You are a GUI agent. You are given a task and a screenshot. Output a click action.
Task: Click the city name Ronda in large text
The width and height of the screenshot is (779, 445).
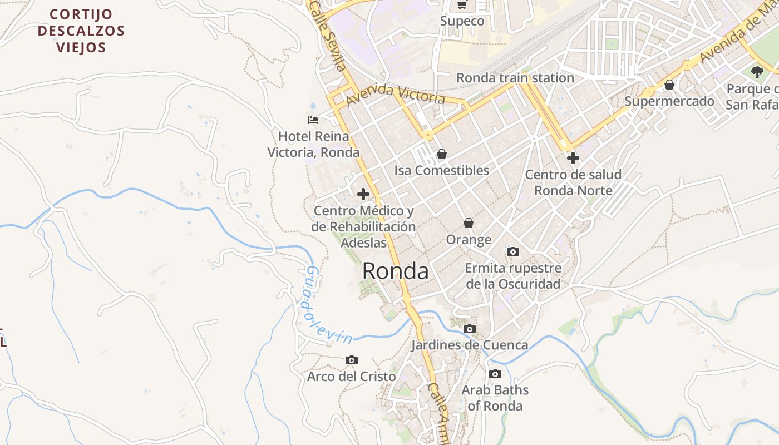pyautogui.click(x=395, y=271)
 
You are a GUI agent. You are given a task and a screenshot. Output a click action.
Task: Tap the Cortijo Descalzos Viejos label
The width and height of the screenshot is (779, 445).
pyautogui.click(x=81, y=31)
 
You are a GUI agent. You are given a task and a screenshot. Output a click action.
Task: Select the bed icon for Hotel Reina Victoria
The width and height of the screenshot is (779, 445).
pyautogui.click(x=313, y=120)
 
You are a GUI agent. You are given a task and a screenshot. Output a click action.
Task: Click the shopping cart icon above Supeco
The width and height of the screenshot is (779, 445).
pyautogui.click(x=462, y=5)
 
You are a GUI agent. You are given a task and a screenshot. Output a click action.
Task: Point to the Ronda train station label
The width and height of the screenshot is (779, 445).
pyautogui.click(x=515, y=78)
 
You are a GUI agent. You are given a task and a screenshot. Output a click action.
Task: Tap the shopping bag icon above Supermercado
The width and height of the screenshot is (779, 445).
pyautogui.click(x=669, y=85)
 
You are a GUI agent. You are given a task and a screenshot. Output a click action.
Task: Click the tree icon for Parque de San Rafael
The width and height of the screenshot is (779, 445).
pyautogui.click(x=757, y=72)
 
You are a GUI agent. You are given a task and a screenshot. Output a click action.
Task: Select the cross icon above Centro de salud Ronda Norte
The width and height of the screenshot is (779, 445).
pyautogui.click(x=573, y=158)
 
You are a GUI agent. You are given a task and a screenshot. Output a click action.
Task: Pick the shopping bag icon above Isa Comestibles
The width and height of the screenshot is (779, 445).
pyautogui.click(x=441, y=154)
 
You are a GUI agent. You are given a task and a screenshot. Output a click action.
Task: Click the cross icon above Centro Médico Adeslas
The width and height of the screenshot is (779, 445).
pyautogui.click(x=363, y=194)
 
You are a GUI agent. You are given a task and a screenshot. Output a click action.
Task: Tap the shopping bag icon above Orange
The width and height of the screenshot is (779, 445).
pyautogui.click(x=469, y=223)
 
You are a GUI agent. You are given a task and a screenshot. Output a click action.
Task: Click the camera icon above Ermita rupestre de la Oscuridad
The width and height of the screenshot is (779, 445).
pyautogui.click(x=513, y=252)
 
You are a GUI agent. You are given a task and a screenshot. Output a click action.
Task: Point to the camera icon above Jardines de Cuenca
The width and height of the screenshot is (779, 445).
pyautogui.click(x=470, y=329)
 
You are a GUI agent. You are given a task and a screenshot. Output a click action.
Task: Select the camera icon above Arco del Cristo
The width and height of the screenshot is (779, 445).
pyautogui.click(x=351, y=360)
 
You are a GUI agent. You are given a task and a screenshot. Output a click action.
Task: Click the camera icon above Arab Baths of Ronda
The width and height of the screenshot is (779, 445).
pyautogui.click(x=495, y=374)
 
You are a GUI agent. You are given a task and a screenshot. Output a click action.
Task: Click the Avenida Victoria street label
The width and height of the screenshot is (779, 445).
pyautogui.click(x=395, y=95)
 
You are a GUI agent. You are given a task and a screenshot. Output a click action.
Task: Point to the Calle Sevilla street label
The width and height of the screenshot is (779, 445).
pyautogui.click(x=328, y=36)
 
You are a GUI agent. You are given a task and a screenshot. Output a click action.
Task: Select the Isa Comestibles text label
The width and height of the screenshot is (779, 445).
pyautogui.click(x=441, y=171)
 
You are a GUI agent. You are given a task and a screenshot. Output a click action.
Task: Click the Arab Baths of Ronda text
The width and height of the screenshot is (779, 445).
pyautogui.click(x=495, y=398)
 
